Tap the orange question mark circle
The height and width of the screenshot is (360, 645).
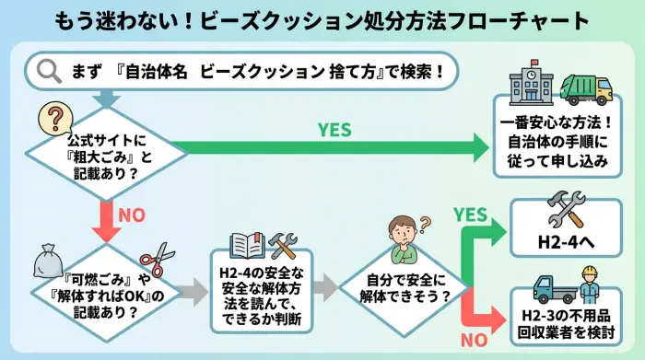(53, 119)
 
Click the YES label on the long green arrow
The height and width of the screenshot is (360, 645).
(334, 130)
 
